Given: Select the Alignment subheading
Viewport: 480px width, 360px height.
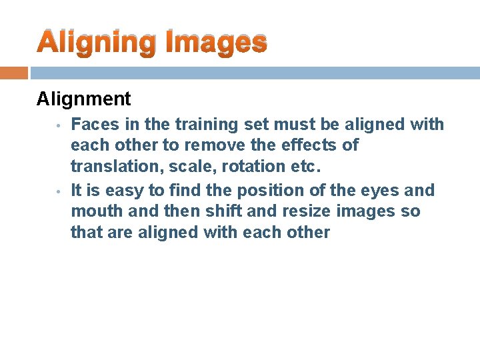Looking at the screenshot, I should point(84,99).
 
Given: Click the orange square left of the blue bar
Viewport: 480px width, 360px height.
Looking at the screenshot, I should point(14,73).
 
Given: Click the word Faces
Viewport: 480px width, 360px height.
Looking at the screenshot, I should point(91,125).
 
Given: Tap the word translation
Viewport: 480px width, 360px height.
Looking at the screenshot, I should point(108,166).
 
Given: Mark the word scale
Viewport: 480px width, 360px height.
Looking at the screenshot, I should point(177,166).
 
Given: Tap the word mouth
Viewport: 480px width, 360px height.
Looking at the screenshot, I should point(93,211).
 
